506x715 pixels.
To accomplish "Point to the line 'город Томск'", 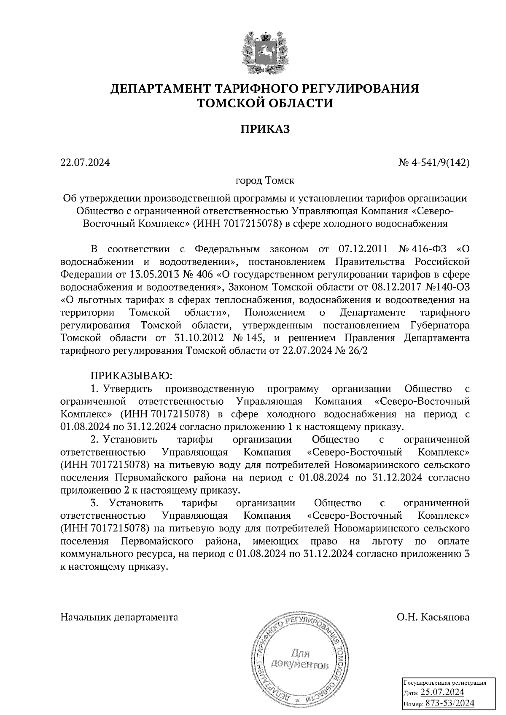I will (x=265, y=181).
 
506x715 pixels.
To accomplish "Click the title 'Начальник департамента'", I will (x=119, y=617).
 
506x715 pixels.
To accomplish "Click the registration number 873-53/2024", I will (x=450, y=703).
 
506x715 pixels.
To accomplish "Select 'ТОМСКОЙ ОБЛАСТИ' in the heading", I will (x=265, y=103).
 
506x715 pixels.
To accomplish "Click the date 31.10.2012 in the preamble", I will (x=198, y=338).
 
